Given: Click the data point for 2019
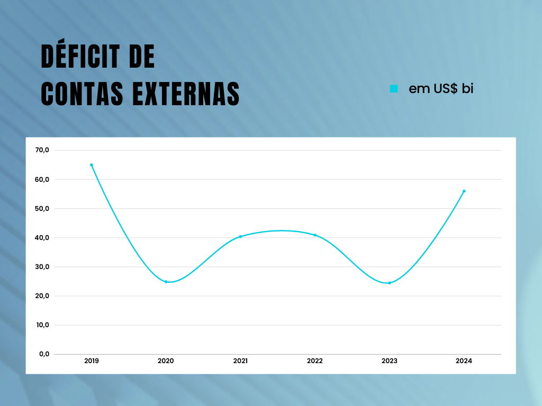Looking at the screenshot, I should pos(91,165).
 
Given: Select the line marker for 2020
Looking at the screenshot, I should pos(166,282).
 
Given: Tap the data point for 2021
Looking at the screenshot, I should pos(240,236).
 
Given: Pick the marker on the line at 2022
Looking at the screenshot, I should pos(315,235).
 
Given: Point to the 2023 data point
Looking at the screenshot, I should pos(390,283).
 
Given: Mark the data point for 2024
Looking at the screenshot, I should pos(464,191).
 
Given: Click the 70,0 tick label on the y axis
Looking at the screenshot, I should pos(42,150).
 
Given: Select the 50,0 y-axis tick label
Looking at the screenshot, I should pos(42,208).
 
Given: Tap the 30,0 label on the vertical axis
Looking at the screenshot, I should pos(42,266).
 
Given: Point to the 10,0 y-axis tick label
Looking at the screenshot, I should pos(42,325).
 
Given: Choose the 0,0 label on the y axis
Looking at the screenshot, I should pos(44,354).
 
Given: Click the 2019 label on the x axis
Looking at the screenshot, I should pos(91,361).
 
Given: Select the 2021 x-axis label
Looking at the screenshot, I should pos(240,361).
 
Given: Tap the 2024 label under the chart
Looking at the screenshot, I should pos(464,361).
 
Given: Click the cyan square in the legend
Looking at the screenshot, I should pos(393,89).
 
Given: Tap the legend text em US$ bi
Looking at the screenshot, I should pos(441,89).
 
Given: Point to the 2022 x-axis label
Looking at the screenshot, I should pos(315,361).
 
